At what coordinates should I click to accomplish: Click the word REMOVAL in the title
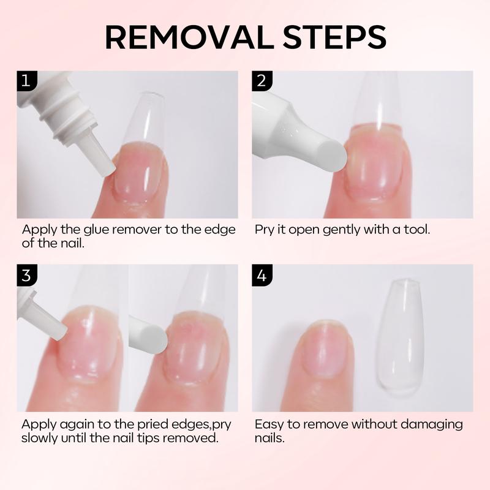tap(190, 37)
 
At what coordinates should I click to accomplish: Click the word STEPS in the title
tap(334, 37)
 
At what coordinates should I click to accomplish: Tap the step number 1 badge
tap(27, 81)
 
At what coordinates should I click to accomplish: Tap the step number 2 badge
tap(262, 81)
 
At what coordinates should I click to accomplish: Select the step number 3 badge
tap(27, 275)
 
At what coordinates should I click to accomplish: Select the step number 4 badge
tap(262, 275)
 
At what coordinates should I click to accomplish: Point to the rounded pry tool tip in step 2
tap(335, 156)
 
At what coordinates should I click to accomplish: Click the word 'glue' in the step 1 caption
tap(96, 230)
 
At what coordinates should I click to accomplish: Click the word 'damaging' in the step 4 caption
tap(432, 424)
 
